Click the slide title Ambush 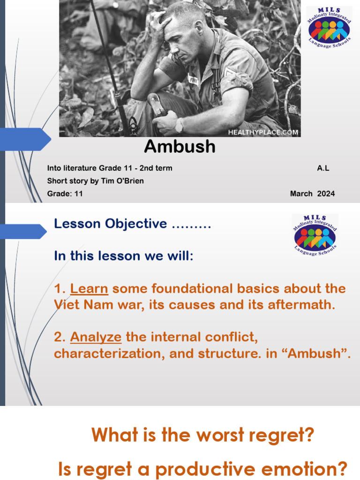[180, 147]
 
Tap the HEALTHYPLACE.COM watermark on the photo [263, 132]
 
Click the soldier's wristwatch [179, 126]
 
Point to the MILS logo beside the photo [329, 29]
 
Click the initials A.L [323, 168]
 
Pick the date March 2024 [312, 194]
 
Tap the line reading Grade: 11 [65, 194]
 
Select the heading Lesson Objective [110, 224]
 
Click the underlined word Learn [89, 288]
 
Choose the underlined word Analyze [96, 337]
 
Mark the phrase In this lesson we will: [124, 256]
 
